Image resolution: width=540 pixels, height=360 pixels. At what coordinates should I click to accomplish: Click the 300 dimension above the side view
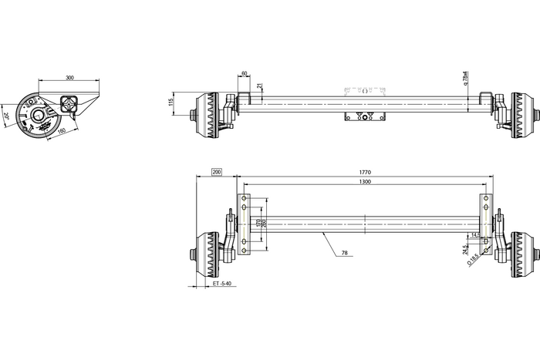70,79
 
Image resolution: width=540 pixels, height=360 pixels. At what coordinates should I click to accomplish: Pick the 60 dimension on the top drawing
245,74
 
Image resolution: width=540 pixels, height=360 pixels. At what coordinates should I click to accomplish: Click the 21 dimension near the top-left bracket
260,86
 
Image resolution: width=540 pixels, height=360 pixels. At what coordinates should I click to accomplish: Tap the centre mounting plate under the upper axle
366,118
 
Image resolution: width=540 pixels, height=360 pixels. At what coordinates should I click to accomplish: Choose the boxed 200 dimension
216,172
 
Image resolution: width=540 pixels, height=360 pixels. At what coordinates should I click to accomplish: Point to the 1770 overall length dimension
365,172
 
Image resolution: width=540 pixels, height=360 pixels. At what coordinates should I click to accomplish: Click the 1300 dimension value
365,182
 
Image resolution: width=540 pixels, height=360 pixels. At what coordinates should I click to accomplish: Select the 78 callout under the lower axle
344,252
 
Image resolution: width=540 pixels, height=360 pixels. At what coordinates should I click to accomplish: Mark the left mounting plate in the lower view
245,224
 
